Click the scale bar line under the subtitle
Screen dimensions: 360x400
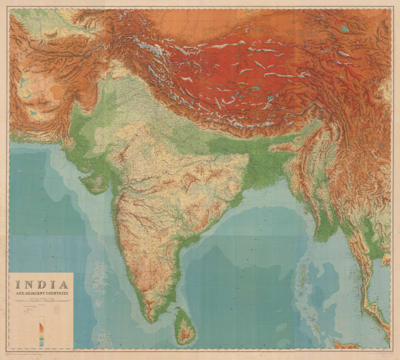tap(41, 303)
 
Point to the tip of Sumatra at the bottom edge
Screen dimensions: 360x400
tap(343, 345)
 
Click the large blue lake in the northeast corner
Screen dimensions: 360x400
tap(344, 29)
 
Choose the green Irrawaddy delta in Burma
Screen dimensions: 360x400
tap(325, 230)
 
